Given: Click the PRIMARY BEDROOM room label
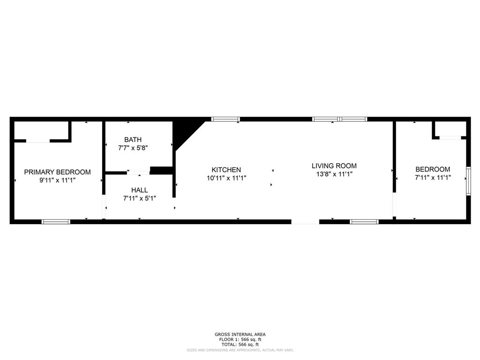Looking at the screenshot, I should [57, 172].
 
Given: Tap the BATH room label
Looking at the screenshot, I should [133, 140].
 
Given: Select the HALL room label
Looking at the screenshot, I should [139, 190].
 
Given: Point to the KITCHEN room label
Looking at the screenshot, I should [226, 170].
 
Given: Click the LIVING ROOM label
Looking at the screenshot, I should [334, 165].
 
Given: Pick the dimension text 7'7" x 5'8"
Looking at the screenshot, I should [133, 148].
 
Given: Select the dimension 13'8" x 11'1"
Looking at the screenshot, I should [334, 174].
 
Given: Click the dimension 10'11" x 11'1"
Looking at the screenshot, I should [226, 178].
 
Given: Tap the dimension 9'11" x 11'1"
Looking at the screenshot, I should [57, 180].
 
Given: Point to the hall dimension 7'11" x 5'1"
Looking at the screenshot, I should [139, 198].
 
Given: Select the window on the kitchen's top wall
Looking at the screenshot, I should [225, 119].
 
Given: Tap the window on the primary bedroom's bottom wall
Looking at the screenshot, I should [56, 222].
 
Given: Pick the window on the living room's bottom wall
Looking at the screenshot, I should [364, 222].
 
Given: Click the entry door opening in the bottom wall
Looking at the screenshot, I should [305, 222].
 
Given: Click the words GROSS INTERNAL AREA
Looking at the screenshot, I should [240, 334].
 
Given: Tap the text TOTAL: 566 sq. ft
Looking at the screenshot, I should [240, 345].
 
